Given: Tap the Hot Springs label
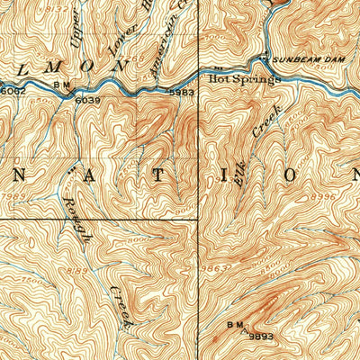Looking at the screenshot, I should [245, 78].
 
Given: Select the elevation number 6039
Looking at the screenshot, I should [86, 100].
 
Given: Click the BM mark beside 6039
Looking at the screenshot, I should [62, 86].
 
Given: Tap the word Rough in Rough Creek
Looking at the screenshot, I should [77, 217].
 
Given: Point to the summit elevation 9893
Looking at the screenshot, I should [260, 336].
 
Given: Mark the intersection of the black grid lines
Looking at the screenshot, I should [198, 219].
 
